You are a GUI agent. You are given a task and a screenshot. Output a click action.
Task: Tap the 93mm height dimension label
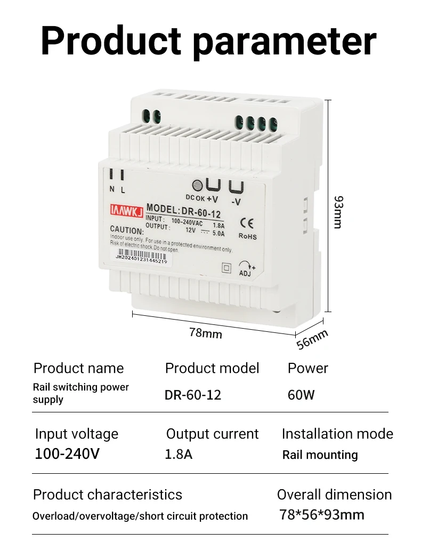pyautogui.click(x=338, y=212)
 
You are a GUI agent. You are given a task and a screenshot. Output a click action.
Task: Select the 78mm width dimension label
pyautogui.click(x=205, y=333)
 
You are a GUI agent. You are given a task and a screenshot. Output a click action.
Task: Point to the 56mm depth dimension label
pyautogui.click(x=312, y=339)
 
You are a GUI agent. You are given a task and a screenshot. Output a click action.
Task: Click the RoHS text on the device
pyautogui.click(x=247, y=236)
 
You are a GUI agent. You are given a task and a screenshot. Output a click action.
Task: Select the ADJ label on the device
pyautogui.click(x=245, y=274)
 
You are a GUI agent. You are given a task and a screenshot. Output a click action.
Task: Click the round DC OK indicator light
pyautogui.click(x=197, y=186)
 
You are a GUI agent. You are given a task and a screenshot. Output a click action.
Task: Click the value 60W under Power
pyautogui.click(x=301, y=395)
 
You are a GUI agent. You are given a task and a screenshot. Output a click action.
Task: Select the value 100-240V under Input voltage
pyautogui.click(x=67, y=454)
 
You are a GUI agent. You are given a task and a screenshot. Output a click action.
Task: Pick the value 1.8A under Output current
pyautogui.click(x=179, y=455)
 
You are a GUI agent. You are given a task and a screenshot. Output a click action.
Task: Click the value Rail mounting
pyautogui.click(x=320, y=455)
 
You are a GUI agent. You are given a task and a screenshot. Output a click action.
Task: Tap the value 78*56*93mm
pyautogui.click(x=322, y=515)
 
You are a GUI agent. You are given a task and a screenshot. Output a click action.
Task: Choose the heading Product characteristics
pyautogui.click(x=107, y=495)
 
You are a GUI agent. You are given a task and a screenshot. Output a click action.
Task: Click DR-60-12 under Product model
pyautogui.click(x=192, y=395)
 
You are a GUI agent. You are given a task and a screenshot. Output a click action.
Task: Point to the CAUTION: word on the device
pyautogui.click(x=127, y=230)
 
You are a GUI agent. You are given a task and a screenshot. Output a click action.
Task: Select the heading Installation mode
pyautogui.click(x=337, y=434)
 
